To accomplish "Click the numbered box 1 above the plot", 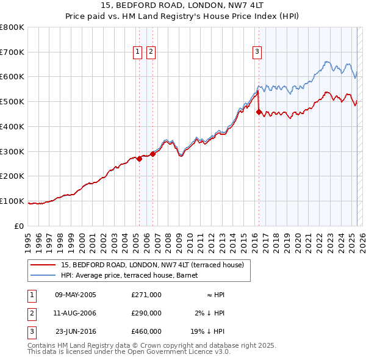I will pos(138,52).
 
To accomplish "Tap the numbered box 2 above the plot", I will pos(151,52).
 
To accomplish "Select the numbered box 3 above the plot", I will pos(257,52).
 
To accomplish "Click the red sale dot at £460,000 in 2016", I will pos(259,112).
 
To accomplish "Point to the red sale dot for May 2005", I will pos(139,159).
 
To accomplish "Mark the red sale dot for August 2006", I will pos(152,154).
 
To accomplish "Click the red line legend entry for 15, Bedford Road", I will pos(152,265).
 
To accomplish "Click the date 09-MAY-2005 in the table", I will pos(76,295).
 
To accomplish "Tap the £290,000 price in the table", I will pos(146,312).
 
